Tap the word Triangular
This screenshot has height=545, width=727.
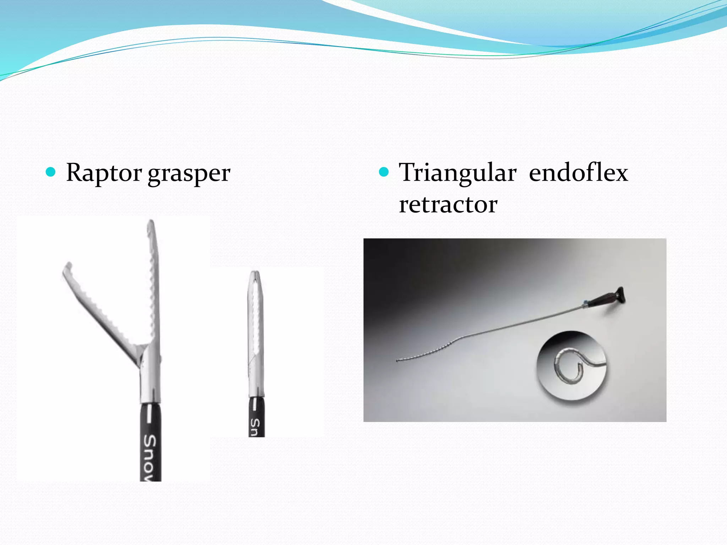coord(457,174)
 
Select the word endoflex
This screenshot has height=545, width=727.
coord(578,173)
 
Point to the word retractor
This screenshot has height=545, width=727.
coord(448,205)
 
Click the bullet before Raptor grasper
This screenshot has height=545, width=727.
coord(51,172)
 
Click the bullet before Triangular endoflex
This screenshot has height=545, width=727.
coord(384,172)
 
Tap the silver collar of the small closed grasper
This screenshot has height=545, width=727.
coord(256,387)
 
